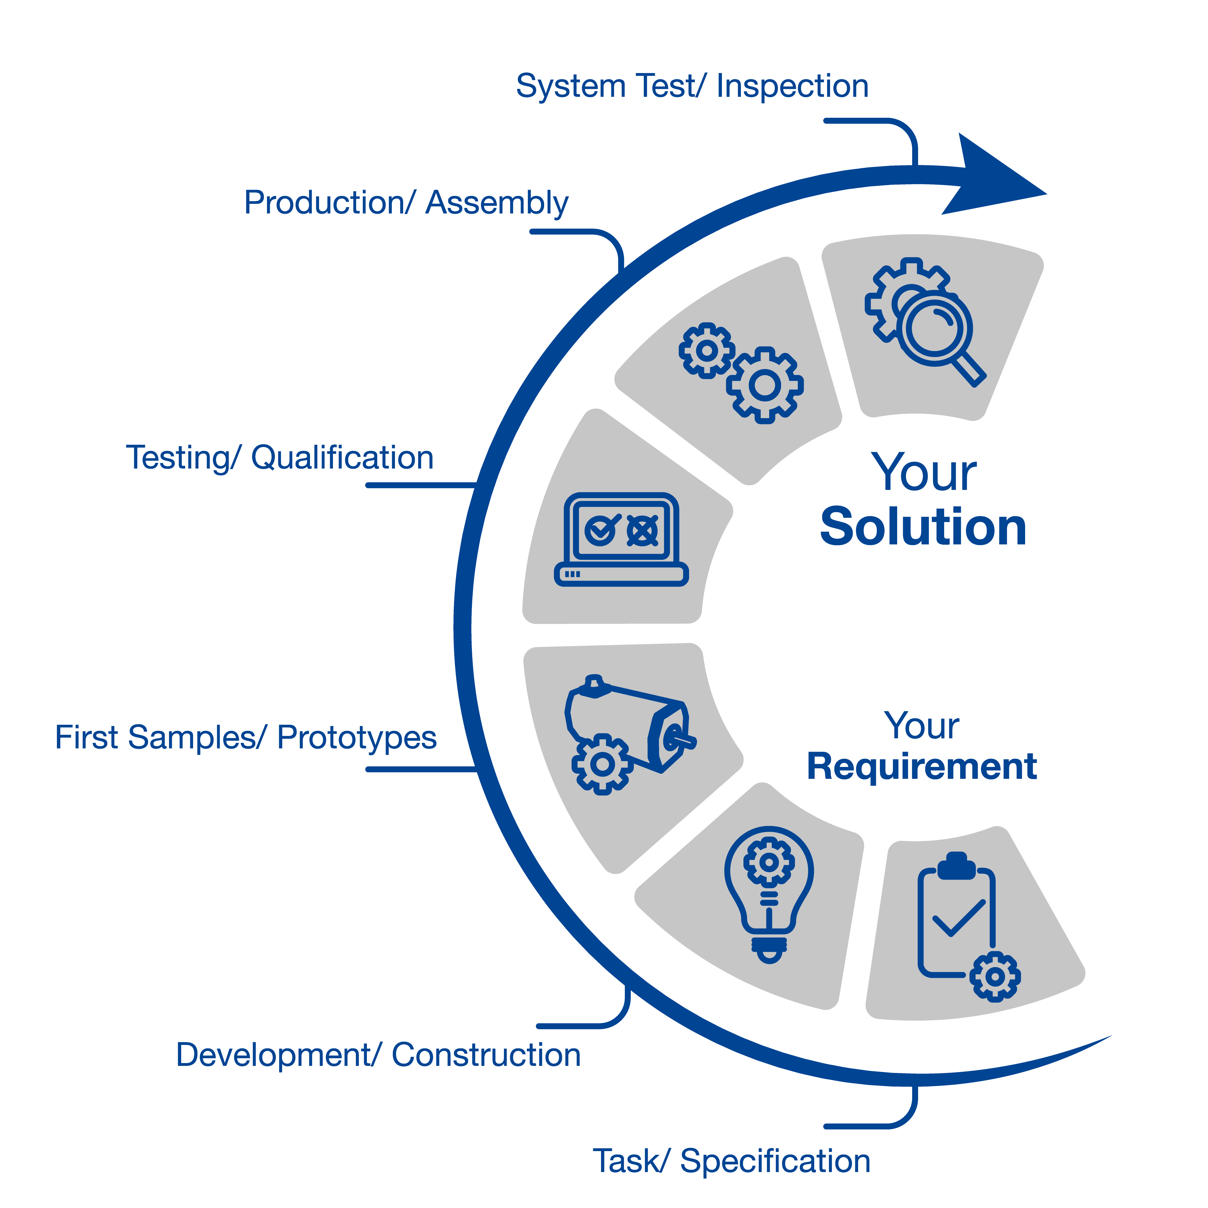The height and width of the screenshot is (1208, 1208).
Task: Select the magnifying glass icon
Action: [x=938, y=332]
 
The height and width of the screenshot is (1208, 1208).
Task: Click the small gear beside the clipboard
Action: [x=995, y=977]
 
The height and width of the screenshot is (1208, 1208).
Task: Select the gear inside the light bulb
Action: [x=769, y=863]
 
